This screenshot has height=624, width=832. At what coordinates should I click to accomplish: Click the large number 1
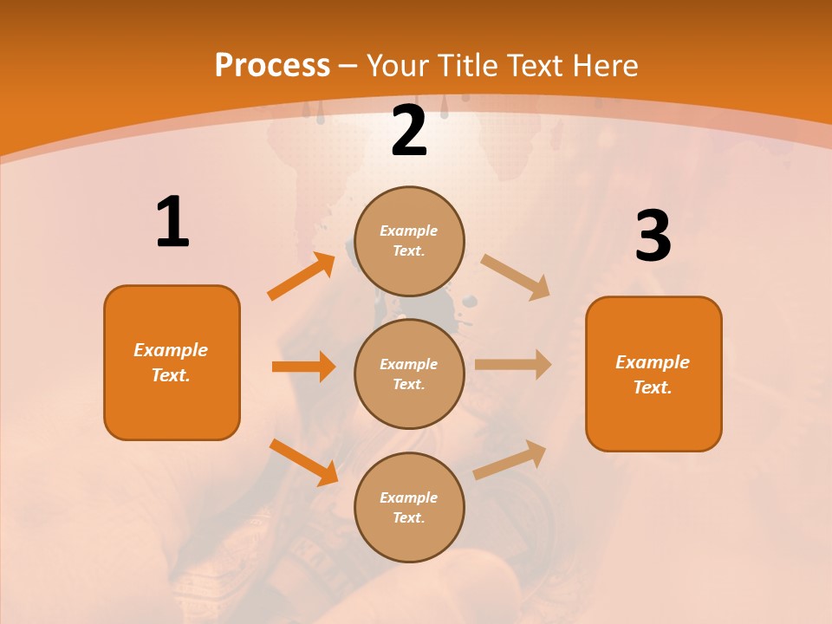tap(172, 222)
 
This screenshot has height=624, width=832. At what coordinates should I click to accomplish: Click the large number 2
tap(409, 131)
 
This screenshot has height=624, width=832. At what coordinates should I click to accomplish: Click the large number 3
tap(653, 236)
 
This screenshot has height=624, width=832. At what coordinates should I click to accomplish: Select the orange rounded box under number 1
tap(172, 362)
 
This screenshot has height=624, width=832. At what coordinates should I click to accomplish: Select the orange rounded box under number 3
tap(653, 374)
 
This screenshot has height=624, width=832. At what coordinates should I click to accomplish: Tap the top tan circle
tap(409, 241)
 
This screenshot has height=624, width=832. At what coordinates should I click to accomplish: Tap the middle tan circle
tap(409, 374)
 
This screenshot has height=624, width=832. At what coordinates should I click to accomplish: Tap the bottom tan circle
tap(409, 507)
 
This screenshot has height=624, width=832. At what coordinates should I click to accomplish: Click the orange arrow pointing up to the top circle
tap(302, 276)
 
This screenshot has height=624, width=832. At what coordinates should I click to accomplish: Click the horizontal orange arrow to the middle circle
tap(303, 367)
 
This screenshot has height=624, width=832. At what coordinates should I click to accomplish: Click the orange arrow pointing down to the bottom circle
tap(303, 462)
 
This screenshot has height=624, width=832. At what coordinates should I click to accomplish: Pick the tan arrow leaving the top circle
tap(516, 277)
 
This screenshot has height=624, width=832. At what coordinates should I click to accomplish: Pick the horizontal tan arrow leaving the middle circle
tap(513, 365)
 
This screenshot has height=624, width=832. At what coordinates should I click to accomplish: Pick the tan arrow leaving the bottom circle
tap(510, 460)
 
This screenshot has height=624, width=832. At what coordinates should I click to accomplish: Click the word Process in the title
tap(272, 65)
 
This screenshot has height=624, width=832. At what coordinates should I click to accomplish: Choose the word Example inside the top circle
tap(409, 231)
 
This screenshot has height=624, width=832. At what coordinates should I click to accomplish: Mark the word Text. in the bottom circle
tap(409, 517)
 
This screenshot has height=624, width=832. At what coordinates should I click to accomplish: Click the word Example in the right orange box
tap(653, 362)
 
